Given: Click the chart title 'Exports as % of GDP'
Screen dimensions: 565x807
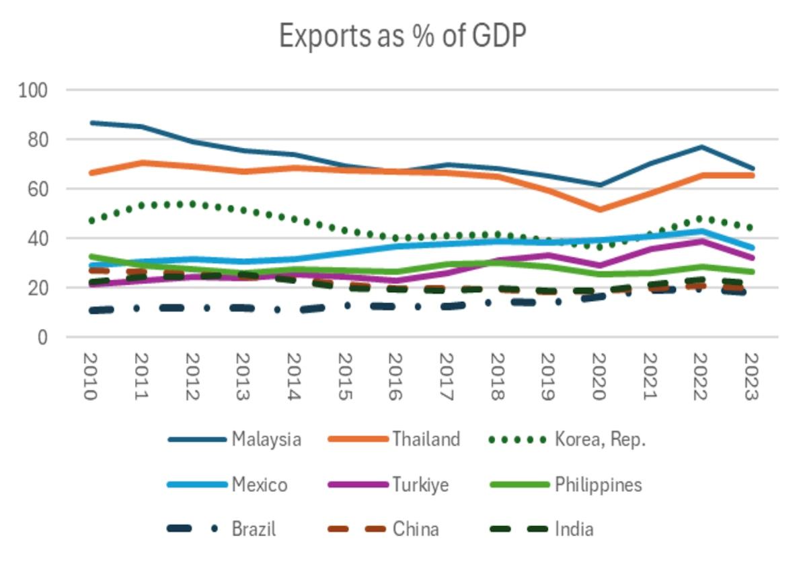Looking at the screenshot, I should pos(401,36).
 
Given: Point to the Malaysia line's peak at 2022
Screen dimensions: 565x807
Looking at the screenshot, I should pos(701,147).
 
